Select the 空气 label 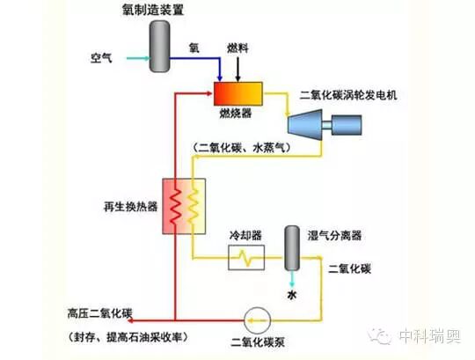pyautogui.click(x=101, y=58)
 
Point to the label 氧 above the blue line pyautogui.click(x=195, y=49)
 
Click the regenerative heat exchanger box pyautogui.click(x=182, y=209)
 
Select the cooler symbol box pyautogui.click(x=245, y=258)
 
